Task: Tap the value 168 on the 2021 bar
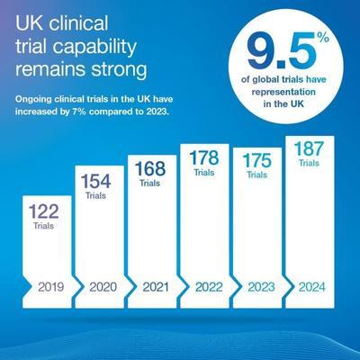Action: pos(150,168)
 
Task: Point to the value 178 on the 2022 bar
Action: pos(202,157)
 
